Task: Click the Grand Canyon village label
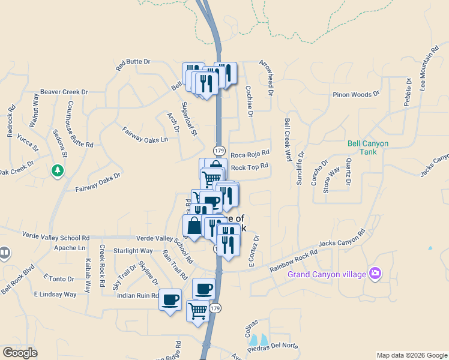[x=327, y=275]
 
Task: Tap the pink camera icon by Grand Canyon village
[x=376, y=273]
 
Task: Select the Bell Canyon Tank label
[x=368, y=148]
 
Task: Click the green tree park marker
[x=58, y=171]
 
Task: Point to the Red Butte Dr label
[x=133, y=62]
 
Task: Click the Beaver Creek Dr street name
[x=64, y=92]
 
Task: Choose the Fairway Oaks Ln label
[x=145, y=134]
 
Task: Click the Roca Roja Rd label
[x=250, y=154]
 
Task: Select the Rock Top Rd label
[x=249, y=167]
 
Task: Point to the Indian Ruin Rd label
[x=137, y=296]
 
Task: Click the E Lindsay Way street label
[x=55, y=295]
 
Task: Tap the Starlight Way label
[x=133, y=251]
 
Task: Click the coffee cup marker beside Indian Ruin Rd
[x=170, y=298]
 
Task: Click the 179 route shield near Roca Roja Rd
[x=218, y=150]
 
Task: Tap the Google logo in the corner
[x=20, y=352]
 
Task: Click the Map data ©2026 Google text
[x=411, y=355]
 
